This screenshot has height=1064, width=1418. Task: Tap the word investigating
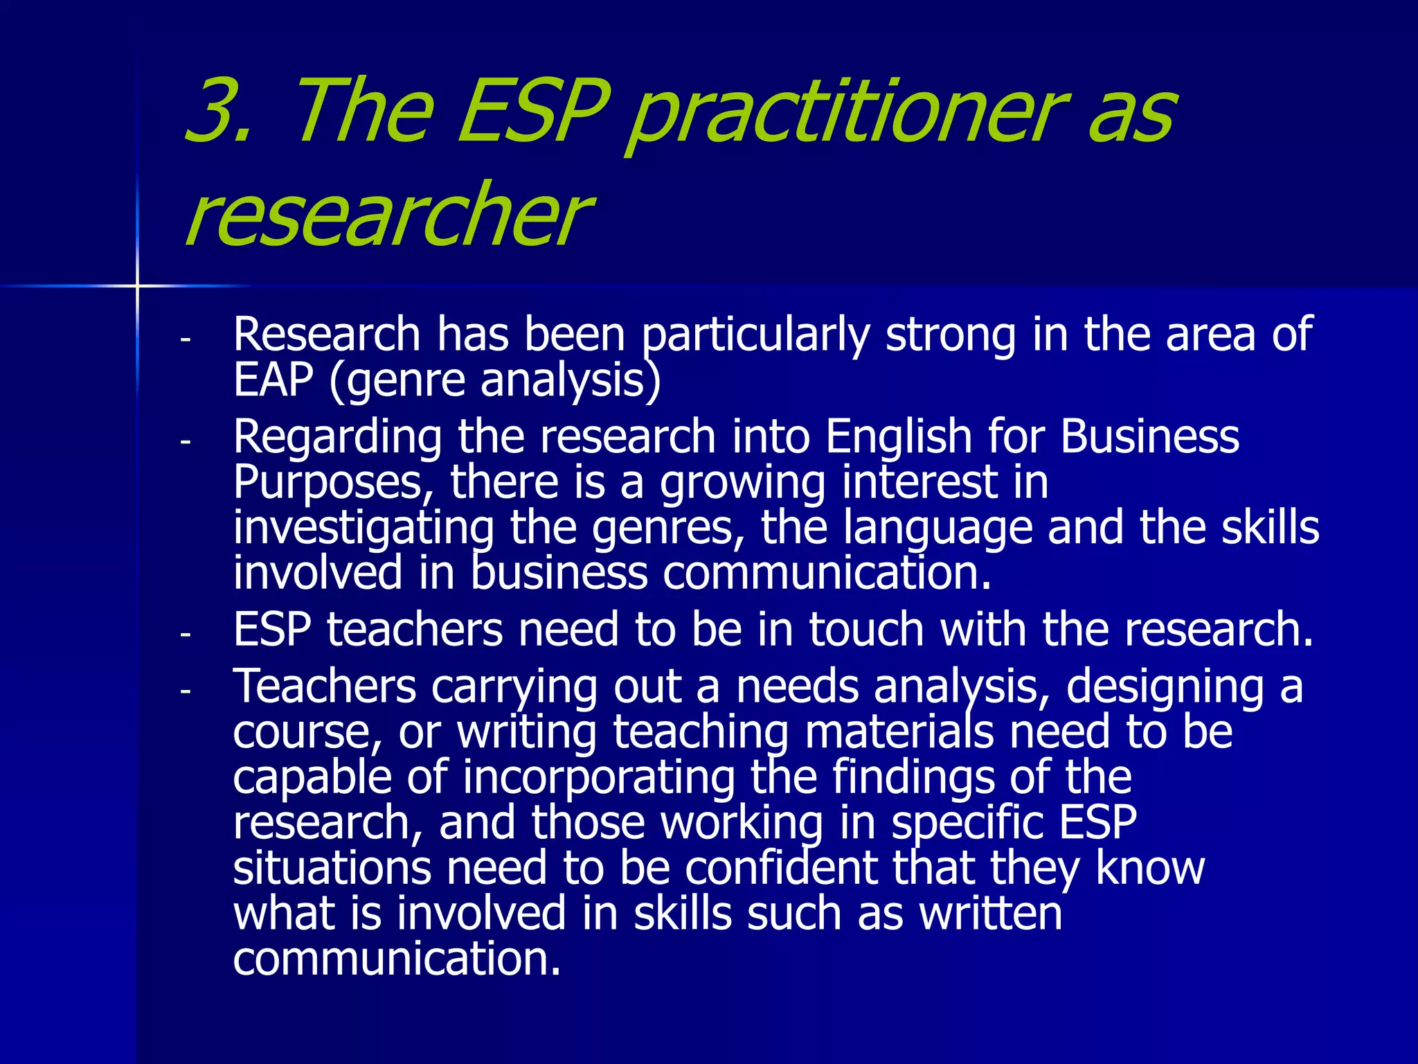tap(364, 529)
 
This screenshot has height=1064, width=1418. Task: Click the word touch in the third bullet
tap(865, 630)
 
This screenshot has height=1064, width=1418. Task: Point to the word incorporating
tap(599, 778)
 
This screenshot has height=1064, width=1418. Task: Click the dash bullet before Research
tap(185, 340)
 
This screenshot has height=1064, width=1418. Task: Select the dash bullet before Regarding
tap(185, 441)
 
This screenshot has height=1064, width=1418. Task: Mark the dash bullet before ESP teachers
tap(185, 634)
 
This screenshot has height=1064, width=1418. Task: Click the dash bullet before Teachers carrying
tap(185, 691)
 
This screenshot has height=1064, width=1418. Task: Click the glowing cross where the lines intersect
tap(137, 285)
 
